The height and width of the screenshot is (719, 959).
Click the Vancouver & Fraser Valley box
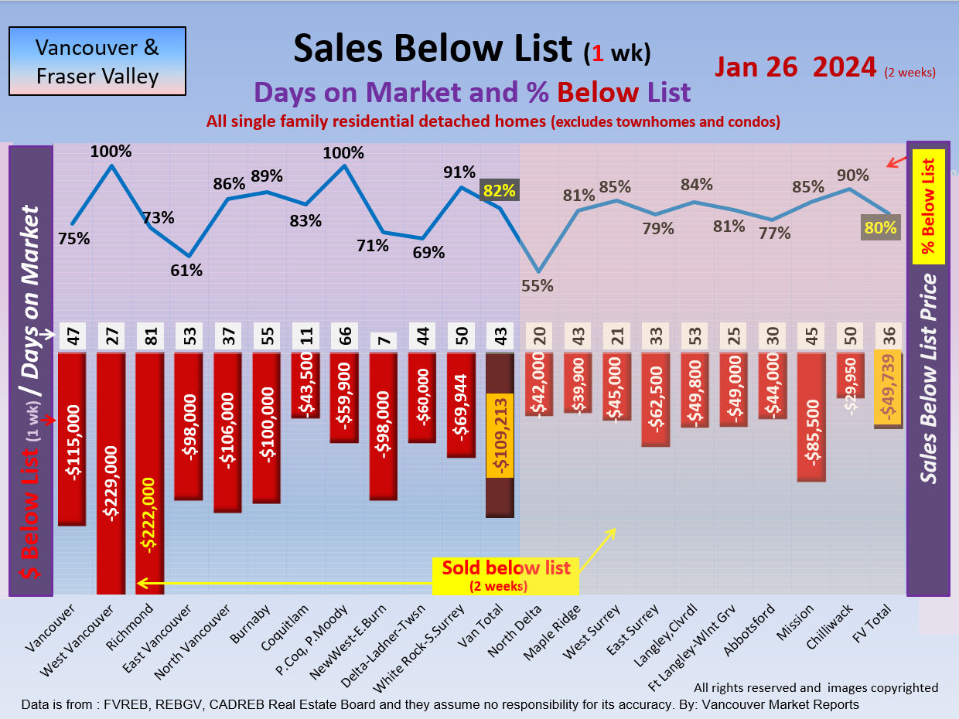tap(97, 62)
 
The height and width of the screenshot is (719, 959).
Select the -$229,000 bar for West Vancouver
tap(111, 472)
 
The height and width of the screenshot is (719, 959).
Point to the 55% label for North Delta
tap(538, 285)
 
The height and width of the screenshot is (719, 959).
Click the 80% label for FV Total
tap(881, 228)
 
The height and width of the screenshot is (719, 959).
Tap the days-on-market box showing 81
tap(149, 338)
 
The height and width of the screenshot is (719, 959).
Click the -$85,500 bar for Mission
tap(811, 417)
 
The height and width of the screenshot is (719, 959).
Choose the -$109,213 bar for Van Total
tap(500, 435)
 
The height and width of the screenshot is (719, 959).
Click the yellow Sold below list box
tap(506, 574)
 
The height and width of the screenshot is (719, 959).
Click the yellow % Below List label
tap(928, 206)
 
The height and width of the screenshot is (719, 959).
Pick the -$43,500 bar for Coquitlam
tap(305, 385)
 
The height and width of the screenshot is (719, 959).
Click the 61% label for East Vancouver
tap(186, 271)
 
